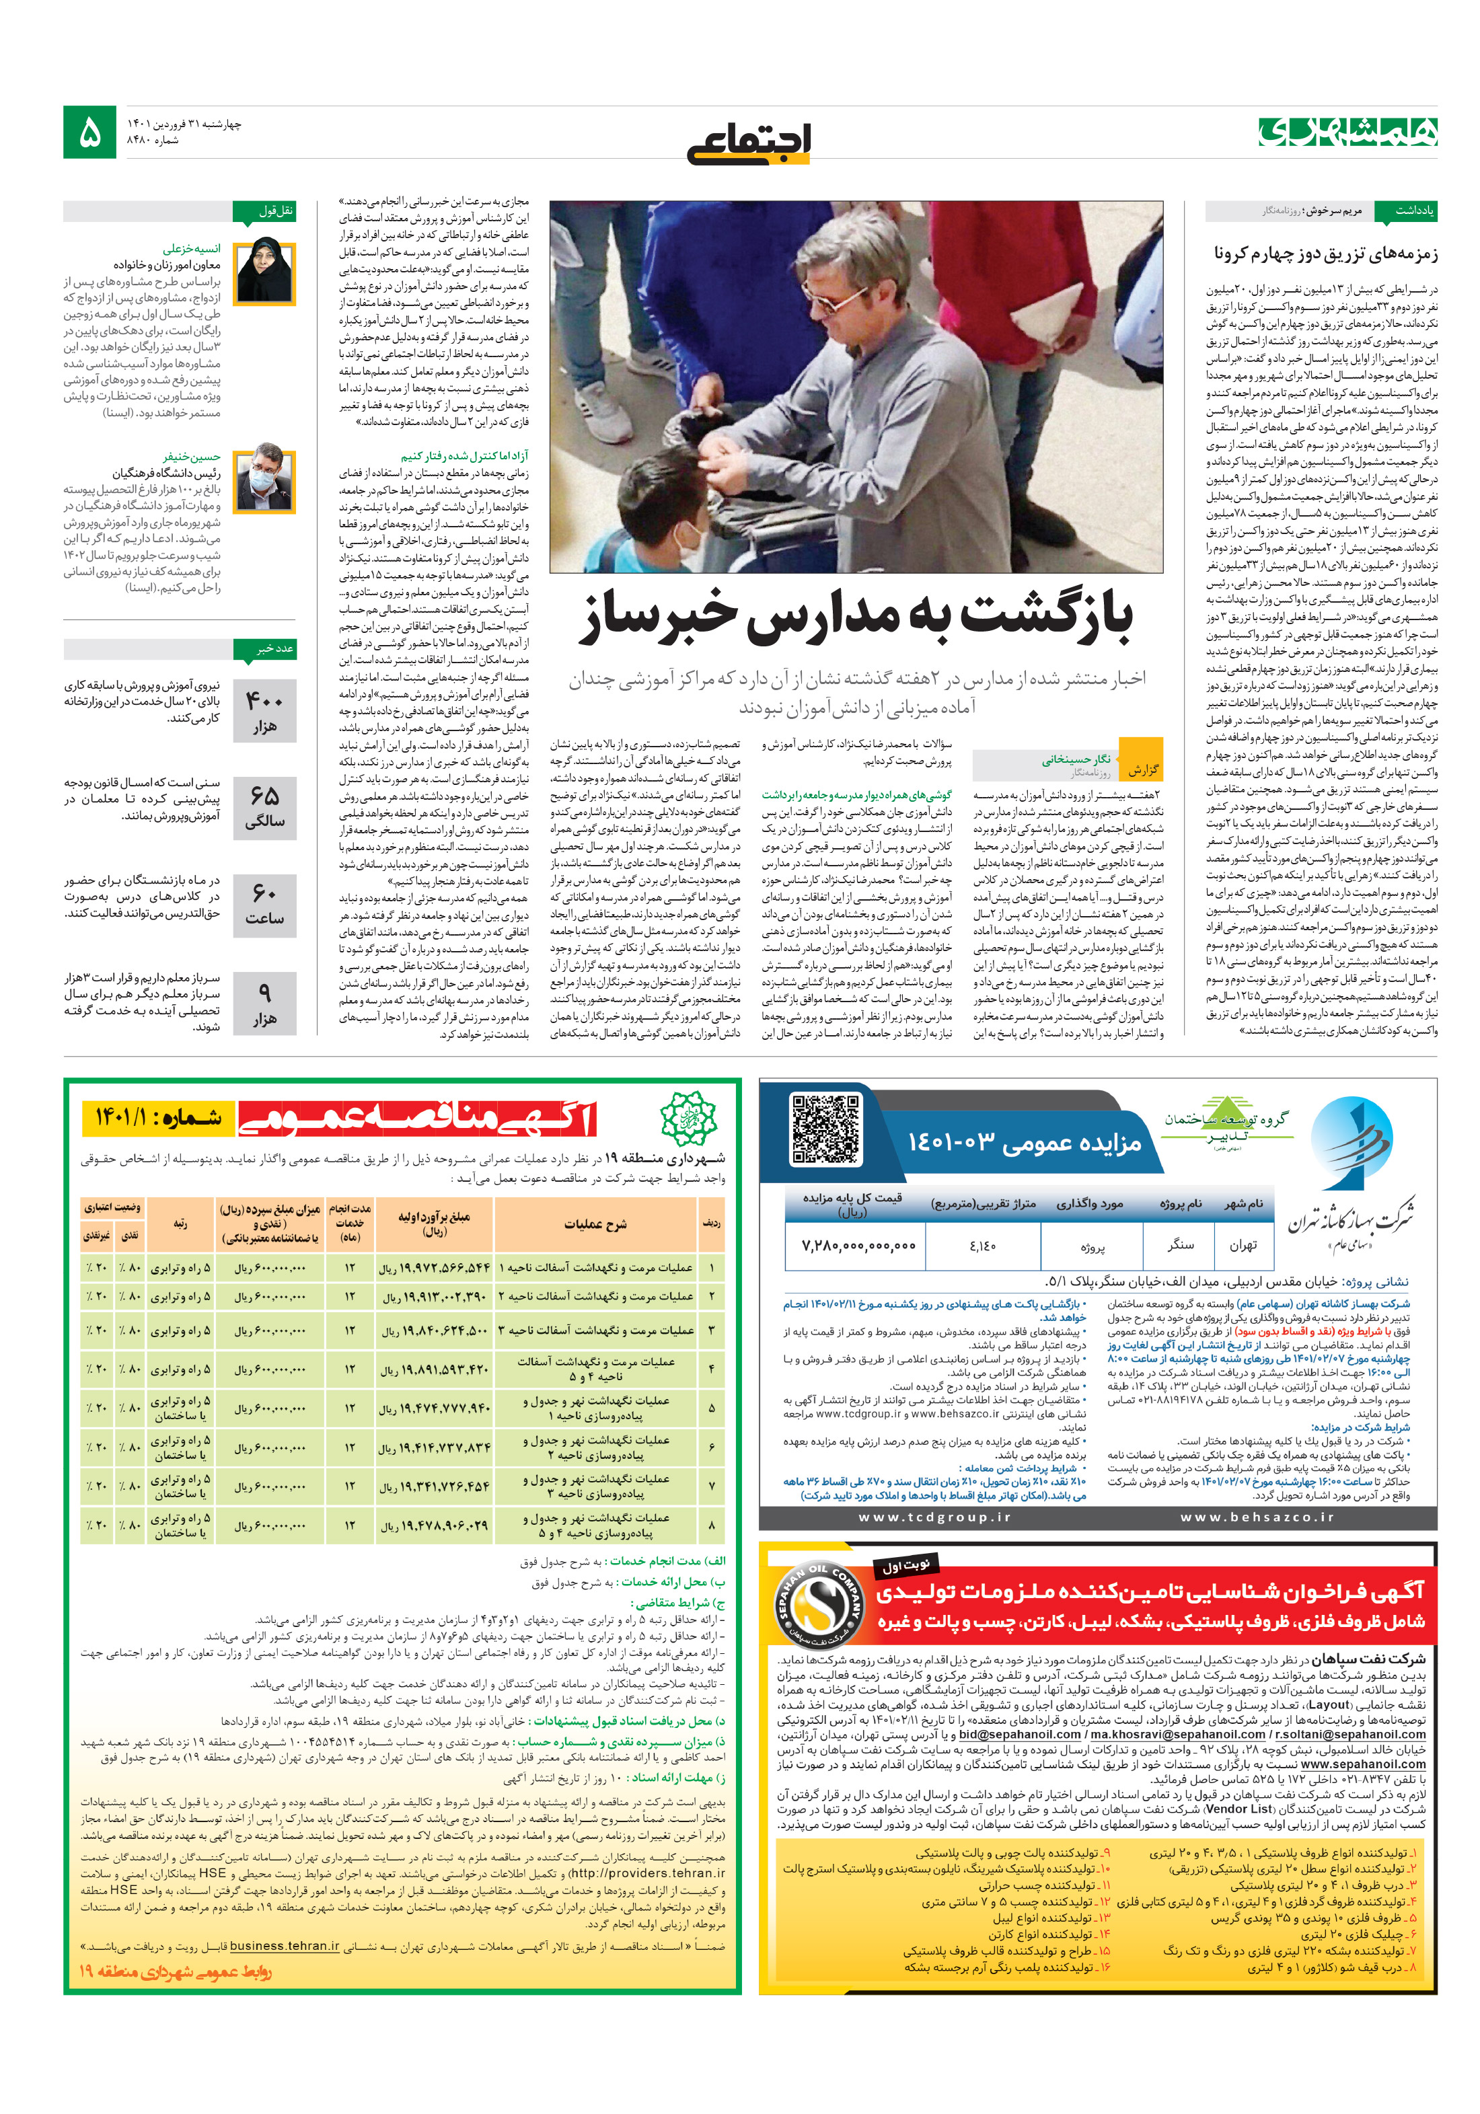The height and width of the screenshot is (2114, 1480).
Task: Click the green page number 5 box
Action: pyautogui.click(x=89, y=133)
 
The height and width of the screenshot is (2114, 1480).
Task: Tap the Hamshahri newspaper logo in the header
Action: pyautogui.click(x=1346, y=132)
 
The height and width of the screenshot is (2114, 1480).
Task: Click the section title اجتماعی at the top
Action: pyautogui.click(x=748, y=142)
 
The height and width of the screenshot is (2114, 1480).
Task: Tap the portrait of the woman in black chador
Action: pyautogui.click(x=264, y=272)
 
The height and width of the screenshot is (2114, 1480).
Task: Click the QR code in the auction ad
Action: pyautogui.click(x=825, y=1128)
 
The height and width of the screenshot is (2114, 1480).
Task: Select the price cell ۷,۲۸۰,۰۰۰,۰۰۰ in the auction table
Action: pyautogui.click(x=858, y=1246)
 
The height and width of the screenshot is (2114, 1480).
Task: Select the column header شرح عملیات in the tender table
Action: pyautogui.click(x=595, y=1223)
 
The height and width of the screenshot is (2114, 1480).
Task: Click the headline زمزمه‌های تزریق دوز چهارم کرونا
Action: pyautogui.click(x=1325, y=253)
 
